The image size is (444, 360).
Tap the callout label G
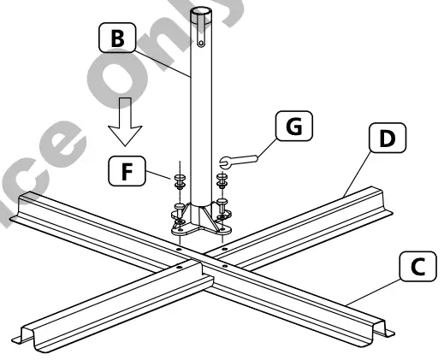click(x=293, y=127)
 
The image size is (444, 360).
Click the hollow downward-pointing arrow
click(x=125, y=127)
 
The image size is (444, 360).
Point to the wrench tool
click(x=240, y=159)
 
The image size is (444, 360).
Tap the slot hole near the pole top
click(x=202, y=38)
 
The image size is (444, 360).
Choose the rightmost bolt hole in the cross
click(x=224, y=249)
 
